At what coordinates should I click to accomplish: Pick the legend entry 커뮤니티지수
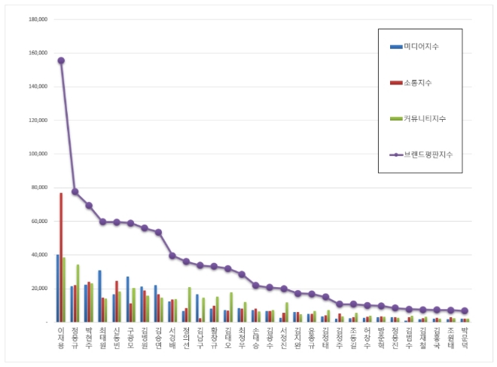point(422,118)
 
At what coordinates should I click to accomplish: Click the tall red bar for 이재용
point(61,258)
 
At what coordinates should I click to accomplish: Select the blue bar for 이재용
point(57,288)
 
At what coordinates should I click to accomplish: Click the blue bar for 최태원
point(99,295)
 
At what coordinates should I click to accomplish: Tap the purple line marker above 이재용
point(61,60)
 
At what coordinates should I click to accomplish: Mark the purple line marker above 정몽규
point(75,191)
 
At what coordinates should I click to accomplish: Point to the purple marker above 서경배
point(172,255)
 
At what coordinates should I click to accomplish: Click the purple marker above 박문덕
point(465,310)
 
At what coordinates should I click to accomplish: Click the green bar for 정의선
point(190,304)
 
